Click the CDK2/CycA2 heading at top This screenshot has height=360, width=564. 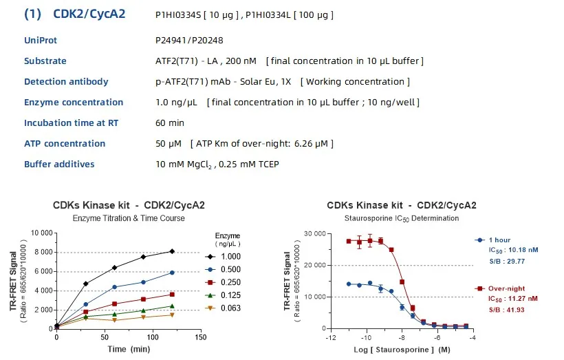point(74,14)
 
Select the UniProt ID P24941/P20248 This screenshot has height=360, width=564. point(191,41)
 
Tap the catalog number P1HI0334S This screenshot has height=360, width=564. point(180,14)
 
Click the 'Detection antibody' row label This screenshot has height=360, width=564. point(66,82)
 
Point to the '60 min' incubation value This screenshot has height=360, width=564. point(170,123)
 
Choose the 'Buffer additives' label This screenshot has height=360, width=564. point(59,165)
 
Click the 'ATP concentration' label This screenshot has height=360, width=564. point(65,144)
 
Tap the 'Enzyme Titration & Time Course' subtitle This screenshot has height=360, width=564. point(129,218)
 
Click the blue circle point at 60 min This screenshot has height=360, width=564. point(115,287)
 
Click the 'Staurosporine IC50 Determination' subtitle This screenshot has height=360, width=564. point(401,218)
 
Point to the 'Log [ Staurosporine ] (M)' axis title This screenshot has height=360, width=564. point(402,350)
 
